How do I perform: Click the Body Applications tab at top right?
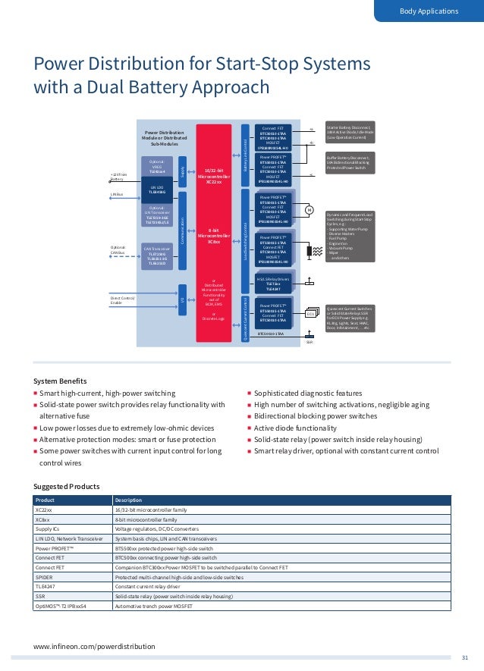(429, 11)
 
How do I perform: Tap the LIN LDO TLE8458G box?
(157, 190)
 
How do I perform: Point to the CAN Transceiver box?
(157, 256)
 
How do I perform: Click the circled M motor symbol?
(309, 209)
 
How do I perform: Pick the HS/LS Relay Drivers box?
(272, 284)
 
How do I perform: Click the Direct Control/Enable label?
(122, 302)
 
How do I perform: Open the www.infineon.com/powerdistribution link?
(94, 646)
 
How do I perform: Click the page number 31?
(466, 657)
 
